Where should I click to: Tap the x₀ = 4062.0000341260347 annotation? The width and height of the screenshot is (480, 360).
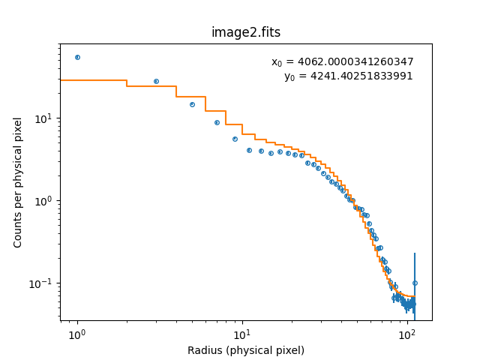point(342,62)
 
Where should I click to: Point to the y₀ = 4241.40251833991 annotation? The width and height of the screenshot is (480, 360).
point(348,76)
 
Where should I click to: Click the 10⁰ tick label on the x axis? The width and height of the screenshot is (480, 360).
point(77,333)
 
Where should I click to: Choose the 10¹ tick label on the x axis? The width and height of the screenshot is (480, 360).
point(242,333)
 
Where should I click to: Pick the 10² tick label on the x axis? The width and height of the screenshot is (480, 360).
point(407,333)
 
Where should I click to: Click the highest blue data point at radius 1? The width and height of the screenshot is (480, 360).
point(77,57)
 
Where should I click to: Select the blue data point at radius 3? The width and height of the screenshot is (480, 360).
point(156,81)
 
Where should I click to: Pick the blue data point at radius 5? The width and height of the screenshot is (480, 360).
point(192,104)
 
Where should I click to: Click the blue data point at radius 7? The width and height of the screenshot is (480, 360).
point(217,122)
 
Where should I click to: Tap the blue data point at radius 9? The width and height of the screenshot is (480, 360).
point(235,139)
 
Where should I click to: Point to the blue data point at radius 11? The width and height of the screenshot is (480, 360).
point(249,150)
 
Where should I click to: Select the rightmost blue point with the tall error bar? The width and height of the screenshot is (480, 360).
point(415,283)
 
